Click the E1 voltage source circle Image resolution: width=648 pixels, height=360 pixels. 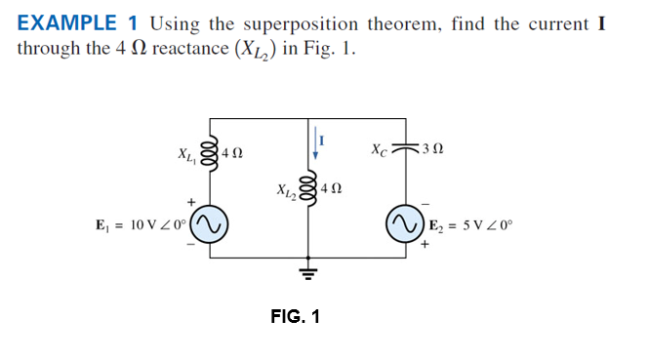coord(212,224)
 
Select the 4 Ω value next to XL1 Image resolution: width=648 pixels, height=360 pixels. coord(233,153)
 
